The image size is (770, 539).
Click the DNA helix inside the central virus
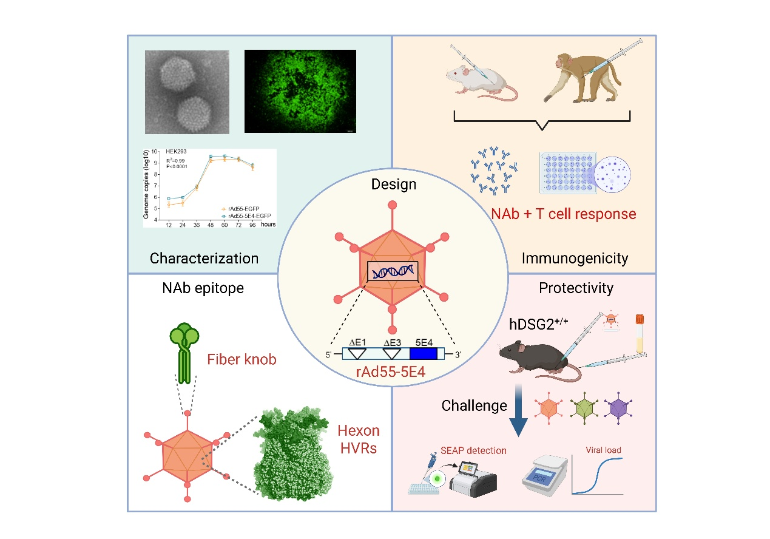[394, 272]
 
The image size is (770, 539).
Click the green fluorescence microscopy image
[300, 91]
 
